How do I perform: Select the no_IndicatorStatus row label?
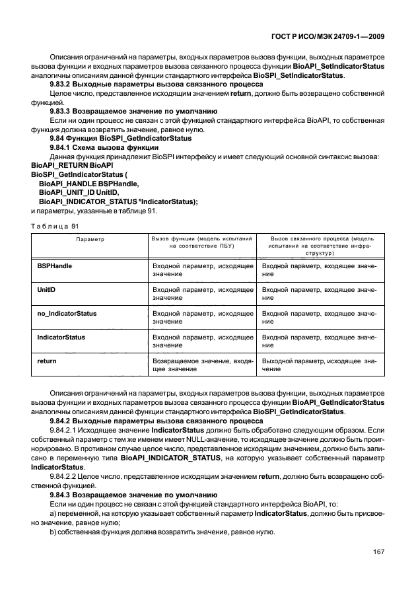67,313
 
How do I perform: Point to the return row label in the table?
46,361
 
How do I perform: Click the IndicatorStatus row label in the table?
61,337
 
